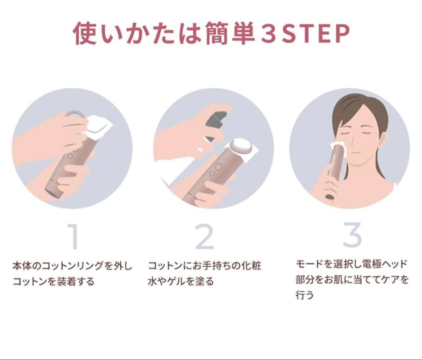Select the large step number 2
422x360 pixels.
click(x=204, y=236)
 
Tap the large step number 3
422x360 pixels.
click(x=352, y=235)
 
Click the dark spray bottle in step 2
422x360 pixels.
click(x=216, y=124)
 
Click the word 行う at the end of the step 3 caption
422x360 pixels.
click(x=305, y=295)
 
